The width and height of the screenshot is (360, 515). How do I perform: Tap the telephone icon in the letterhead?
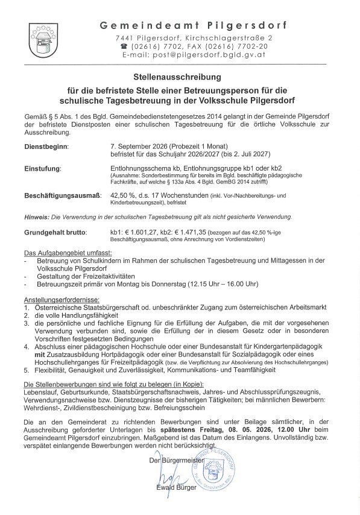(124, 46)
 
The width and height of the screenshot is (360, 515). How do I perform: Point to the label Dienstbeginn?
(46, 146)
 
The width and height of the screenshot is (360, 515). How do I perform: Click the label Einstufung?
(42, 168)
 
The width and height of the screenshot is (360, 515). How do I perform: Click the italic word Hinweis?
(36, 216)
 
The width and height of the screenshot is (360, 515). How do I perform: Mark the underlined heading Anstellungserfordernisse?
(62, 299)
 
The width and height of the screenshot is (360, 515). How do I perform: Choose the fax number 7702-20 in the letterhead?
(254, 46)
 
